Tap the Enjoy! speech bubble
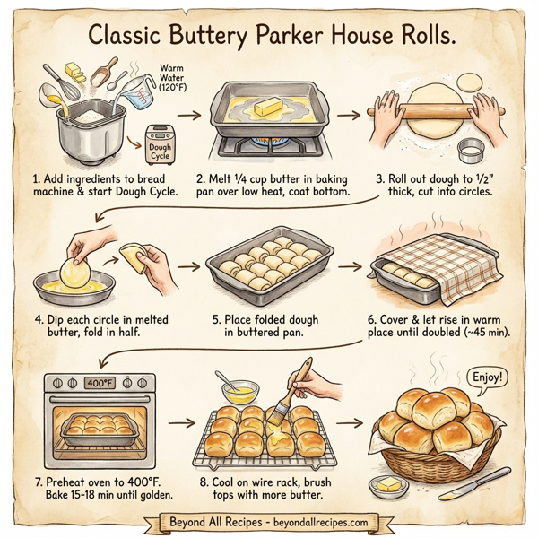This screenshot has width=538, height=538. (486, 377)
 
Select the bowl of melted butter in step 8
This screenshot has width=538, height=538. (239, 391)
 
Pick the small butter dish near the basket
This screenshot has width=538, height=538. (387, 486)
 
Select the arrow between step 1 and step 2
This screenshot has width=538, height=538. (188, 116)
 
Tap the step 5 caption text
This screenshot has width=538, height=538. (269, 324)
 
